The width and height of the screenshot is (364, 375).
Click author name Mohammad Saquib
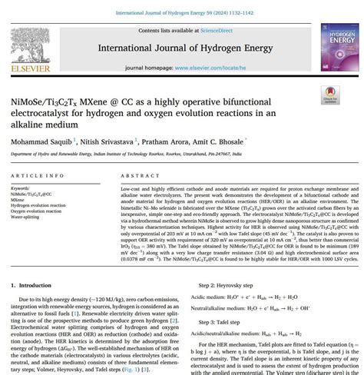click(x=35, y=142)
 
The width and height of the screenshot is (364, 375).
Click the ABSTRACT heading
click(x=137, y=175)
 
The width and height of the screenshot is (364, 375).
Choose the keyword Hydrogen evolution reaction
click(x=38, y=205)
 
